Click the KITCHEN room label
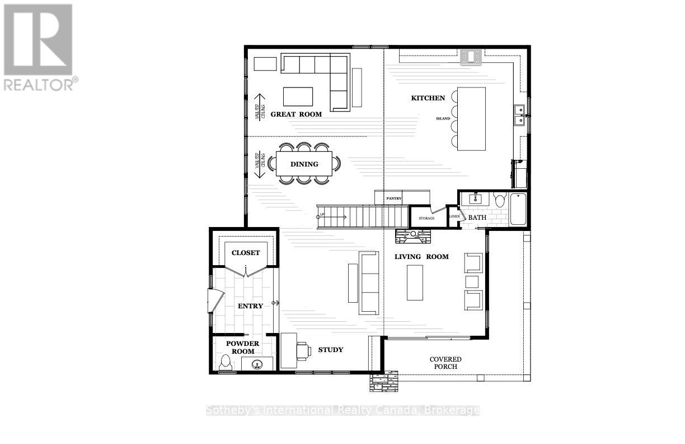(428, 98)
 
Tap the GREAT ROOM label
(296, 114)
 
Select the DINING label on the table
(304, 164)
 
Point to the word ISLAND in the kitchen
(443, 118)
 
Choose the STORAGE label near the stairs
(426, 218)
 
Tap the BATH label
(477, 218)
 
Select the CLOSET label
(246, 253)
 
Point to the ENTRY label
(250, 306)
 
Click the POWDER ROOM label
(242, 348)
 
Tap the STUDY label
(330, 350)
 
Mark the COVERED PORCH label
(445, 363)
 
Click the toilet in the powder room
(226, 363)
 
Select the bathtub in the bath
(518, 209)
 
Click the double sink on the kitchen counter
(519, 115)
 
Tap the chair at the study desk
(304, 350)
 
